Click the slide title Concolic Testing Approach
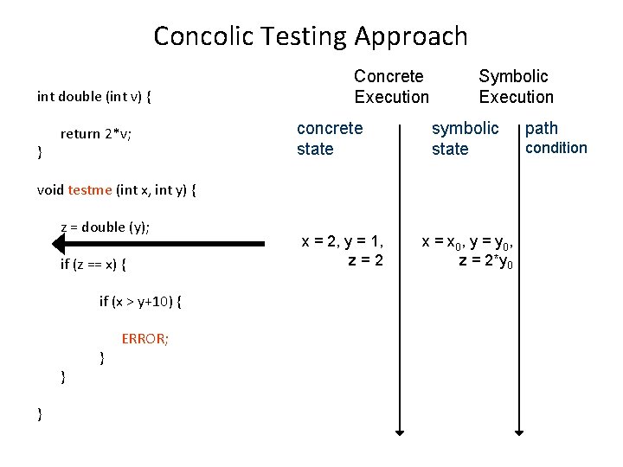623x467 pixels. (x=311, y=36)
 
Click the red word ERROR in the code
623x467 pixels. (x=145, y=338)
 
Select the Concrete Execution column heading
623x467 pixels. (x=390, y=86)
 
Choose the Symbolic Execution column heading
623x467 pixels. (x=516, y=86)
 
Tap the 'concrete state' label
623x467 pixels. (x=330, y=138)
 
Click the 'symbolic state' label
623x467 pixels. (x=465, y=138)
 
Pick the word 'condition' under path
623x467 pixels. (x=556, y=148)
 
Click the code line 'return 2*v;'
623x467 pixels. (x=95, y=134)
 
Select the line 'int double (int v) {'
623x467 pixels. (x=94, y=97)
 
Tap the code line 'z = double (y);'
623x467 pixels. (x=105, y=227)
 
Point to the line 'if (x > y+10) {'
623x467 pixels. (x=141, y=301)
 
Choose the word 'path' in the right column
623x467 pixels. (x=542, y=129)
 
